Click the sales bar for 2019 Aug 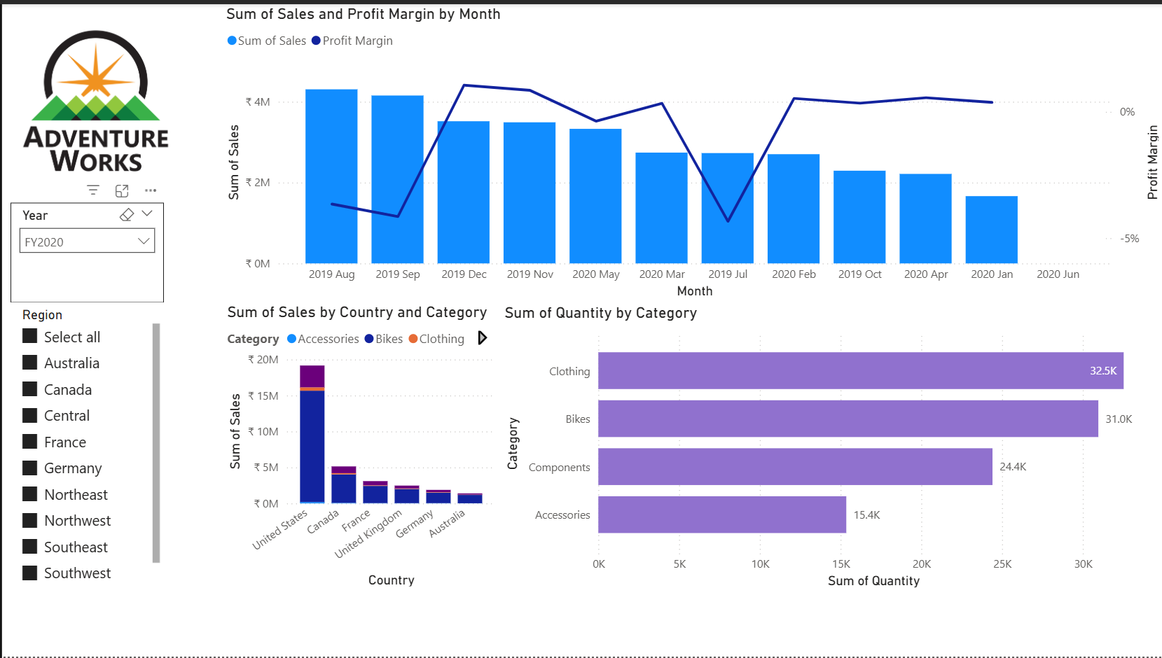(331, 176)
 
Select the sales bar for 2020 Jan (991, 230)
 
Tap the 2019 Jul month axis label (728, 274)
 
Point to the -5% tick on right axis (1129, 239)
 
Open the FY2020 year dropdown (87, 241)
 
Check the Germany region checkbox (30, 468)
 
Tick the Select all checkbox (30, 337)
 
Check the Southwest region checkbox (30, 573)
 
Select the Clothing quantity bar (860, 371)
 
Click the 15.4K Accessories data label (866, 515)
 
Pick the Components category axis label (559, 468)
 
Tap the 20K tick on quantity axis (922, 564)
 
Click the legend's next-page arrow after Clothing (482, 338)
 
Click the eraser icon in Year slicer (127, 215)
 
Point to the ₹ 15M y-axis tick (263, 396)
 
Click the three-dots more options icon (151, 190)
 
